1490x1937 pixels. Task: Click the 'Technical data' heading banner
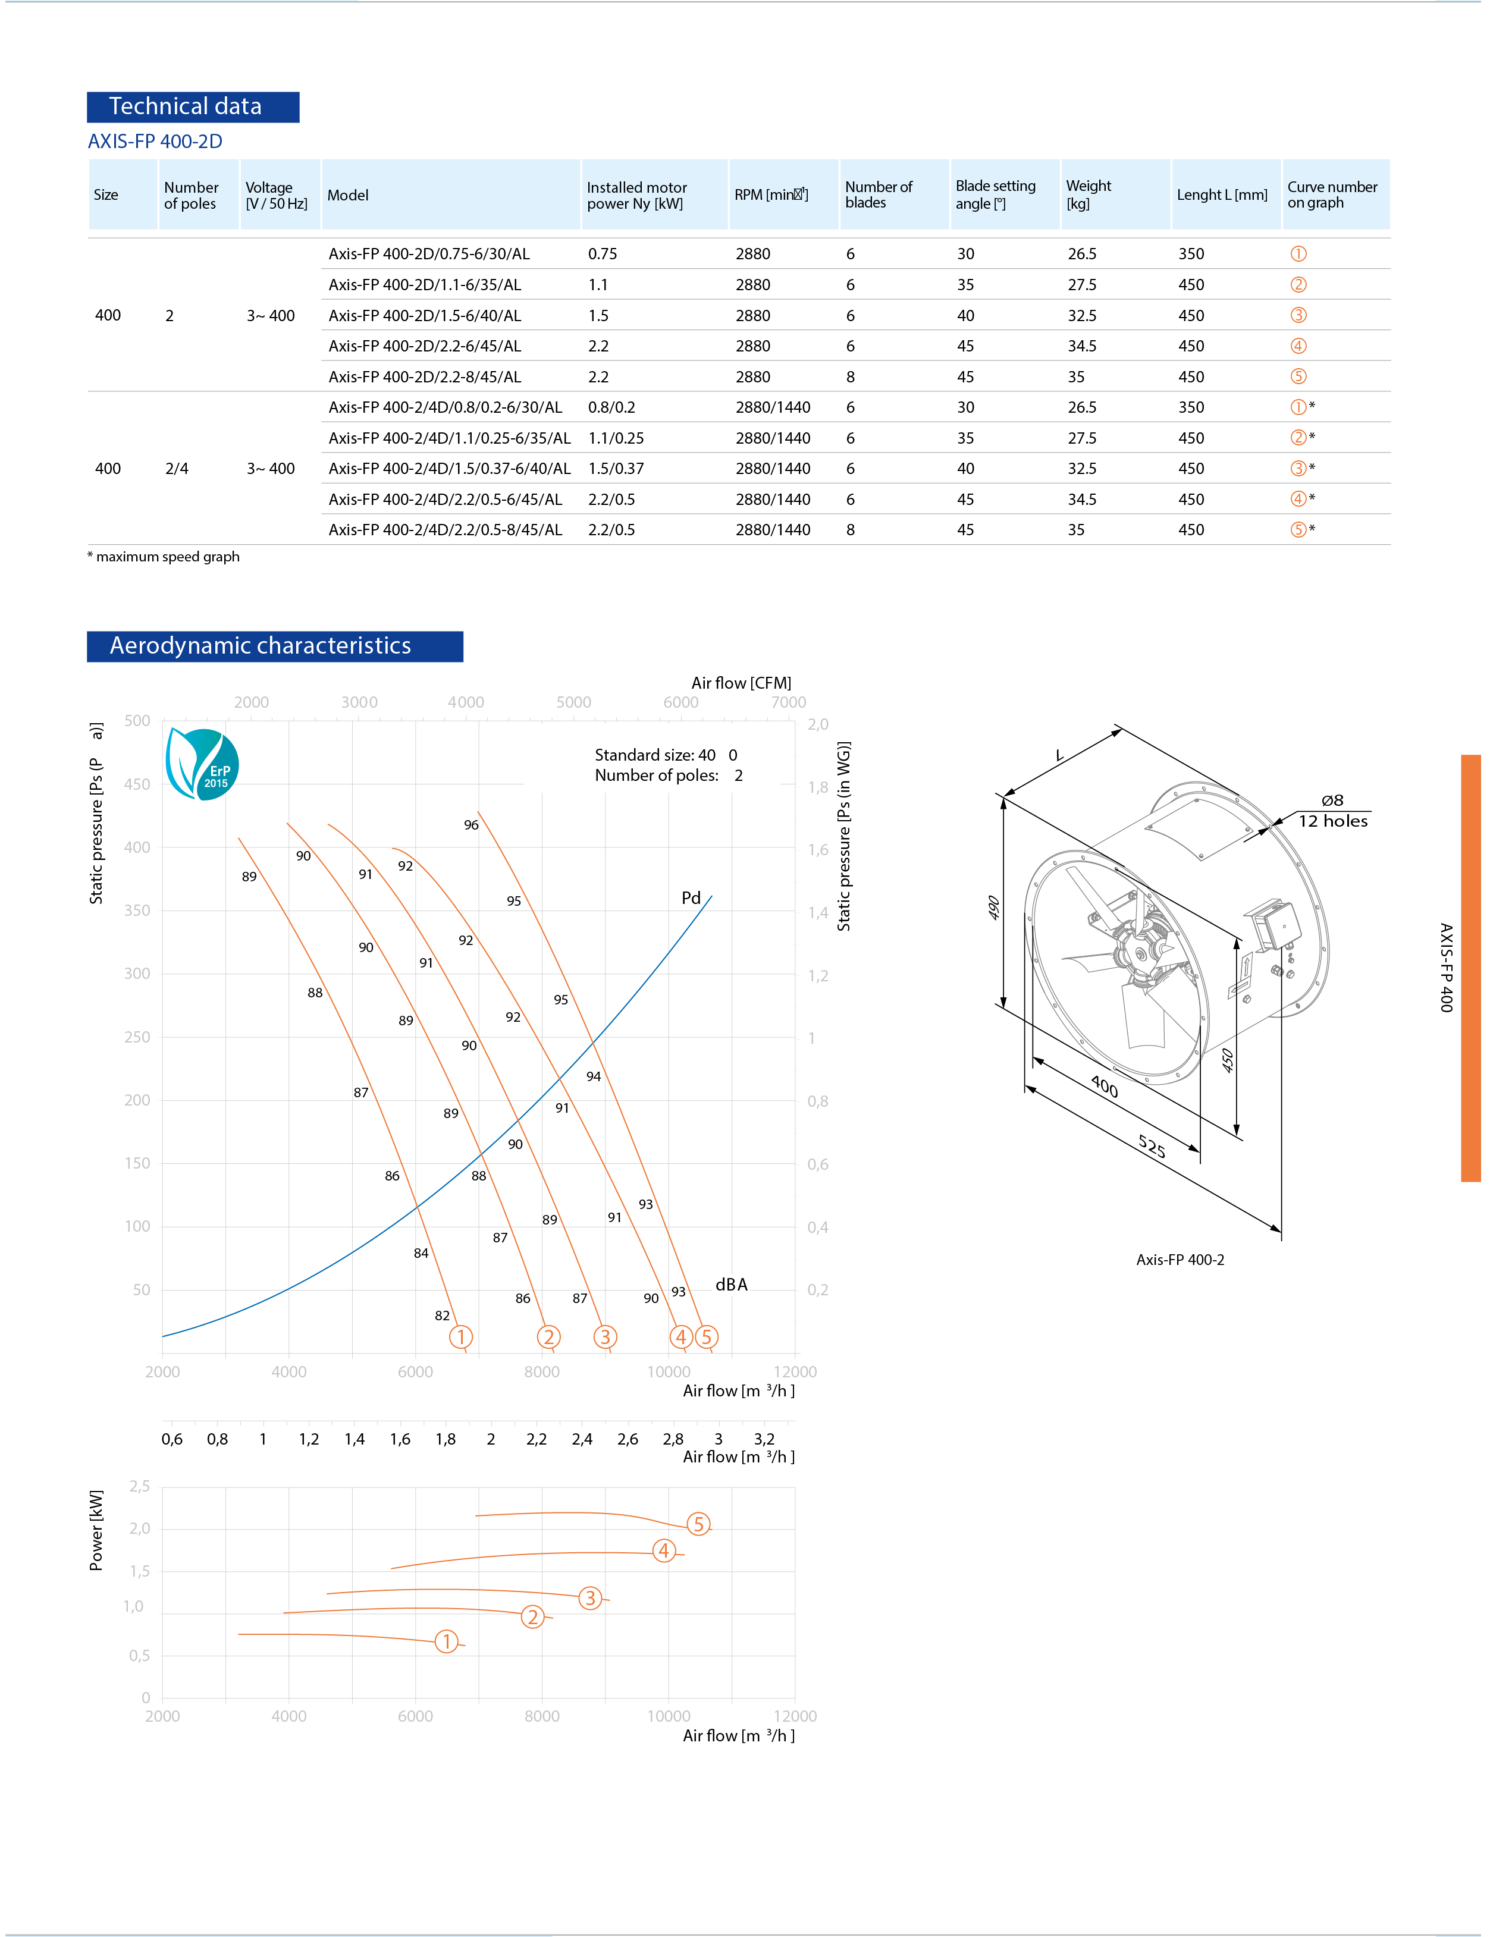tap(193, 107)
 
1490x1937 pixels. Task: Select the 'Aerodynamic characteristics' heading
tap(274, 646)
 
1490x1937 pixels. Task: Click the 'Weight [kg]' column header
tap(1089, 194)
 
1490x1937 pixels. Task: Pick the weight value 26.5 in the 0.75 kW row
tap(1082, 255)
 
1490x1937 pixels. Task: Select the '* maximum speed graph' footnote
tap(164, 557)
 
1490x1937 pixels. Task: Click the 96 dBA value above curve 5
tap(471, 825)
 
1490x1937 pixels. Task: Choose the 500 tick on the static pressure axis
tap(137, 721)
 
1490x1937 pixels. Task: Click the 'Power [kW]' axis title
tap(96, 1530)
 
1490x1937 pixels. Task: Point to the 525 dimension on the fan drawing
tap(1151, 1147)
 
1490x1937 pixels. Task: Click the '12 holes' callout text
tap(1332, 821)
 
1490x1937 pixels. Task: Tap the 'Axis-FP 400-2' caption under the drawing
tap(1180, 1260)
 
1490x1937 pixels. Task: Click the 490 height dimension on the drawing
tap(994, 908)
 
